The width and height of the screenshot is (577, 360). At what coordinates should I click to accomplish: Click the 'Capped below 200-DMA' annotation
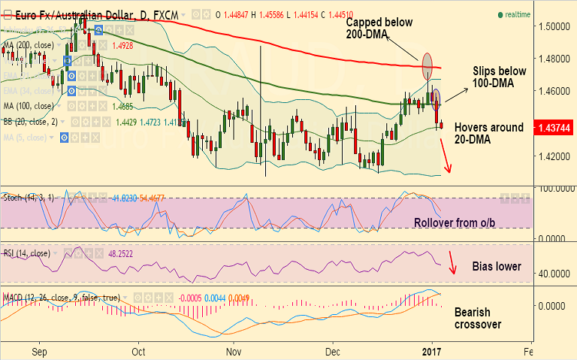[x=379, y=29]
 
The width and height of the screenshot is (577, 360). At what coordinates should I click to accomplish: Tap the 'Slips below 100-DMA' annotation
[x=500, y=77]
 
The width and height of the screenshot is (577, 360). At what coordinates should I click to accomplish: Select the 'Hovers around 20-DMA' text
[x=489, y=134]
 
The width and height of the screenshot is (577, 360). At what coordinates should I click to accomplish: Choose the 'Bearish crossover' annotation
[x=479, y=317]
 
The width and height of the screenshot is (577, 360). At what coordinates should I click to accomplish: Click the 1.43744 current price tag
[x=552, y=129]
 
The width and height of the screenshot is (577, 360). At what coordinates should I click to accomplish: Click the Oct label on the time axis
[x=139, y=351]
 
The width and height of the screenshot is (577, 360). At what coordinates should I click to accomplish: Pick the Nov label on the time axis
[x=233, y=351]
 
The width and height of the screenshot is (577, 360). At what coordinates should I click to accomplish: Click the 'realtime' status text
[x=517, y=15]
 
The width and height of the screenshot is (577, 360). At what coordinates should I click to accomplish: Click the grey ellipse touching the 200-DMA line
[x=427, y=66]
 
